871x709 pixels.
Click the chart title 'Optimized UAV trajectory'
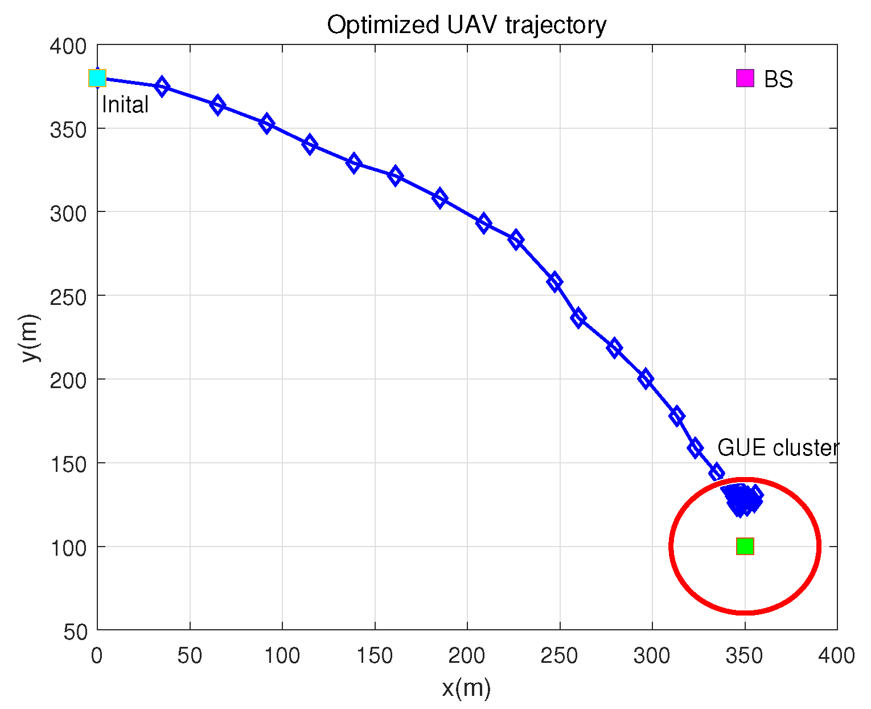466,25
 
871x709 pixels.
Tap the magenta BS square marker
745,78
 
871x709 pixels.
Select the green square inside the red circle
745,546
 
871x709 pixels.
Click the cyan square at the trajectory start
97,78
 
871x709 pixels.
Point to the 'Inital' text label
125,105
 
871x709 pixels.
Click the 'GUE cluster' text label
778,448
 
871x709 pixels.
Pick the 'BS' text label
778,80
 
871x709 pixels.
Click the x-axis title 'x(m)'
466,688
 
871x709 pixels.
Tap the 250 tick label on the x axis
560,656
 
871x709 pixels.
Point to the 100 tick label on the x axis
282,656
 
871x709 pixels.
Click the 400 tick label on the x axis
836,656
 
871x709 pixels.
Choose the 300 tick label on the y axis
68,213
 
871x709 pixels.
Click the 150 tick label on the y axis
68,464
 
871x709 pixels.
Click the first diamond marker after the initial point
162,87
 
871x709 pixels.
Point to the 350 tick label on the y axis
68,129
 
